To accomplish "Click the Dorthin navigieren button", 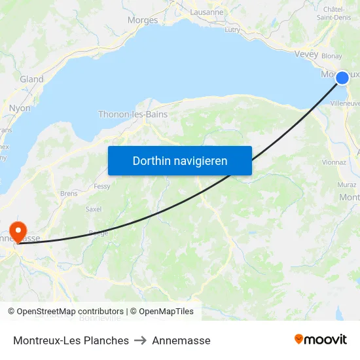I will tap(179, 160).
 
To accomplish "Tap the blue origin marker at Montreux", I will tap(342, 78).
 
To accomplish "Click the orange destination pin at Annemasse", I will tap(17, 230).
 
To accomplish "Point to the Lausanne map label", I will tap(207, 12).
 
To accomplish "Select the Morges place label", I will tap(143, 20).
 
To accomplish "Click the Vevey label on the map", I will tap(306, 54).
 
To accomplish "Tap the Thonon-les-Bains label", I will tap(133, 114).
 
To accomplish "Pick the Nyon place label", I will tap(20, 108).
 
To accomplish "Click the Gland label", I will tap(31, 79).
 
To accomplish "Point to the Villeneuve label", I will tap(345, 103).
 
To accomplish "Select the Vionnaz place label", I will tap(334, 162).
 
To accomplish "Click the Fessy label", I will tap(101, 186).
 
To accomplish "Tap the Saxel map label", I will tap(94, 209).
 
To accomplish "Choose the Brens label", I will tap(68, 194).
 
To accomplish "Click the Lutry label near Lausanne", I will tap(232, 29).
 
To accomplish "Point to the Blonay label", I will tap(332, 56).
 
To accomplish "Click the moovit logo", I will tap(321, 339).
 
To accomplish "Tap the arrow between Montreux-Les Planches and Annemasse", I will tap(140, 340).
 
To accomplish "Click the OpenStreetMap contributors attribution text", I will tap(70, 312).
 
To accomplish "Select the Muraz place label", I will tap(347, 185).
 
